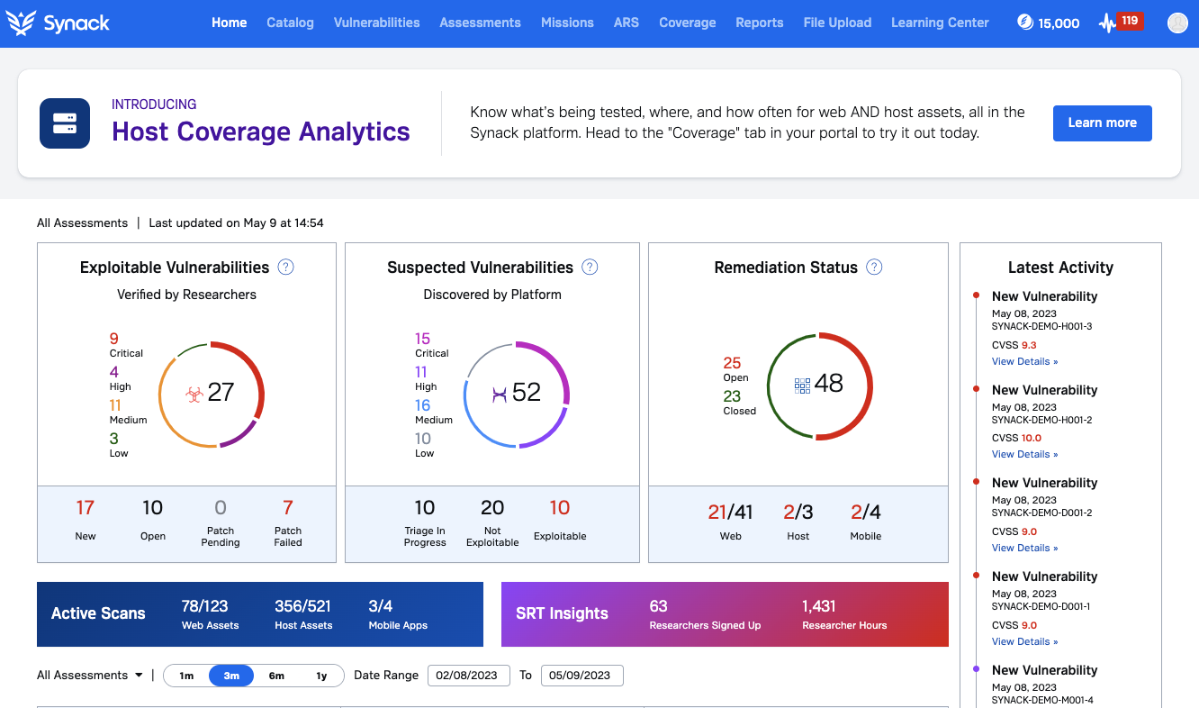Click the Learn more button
[x=1102, y=123]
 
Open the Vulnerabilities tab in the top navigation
[x=376, y=23]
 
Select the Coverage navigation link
[x=687, y=23]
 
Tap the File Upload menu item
[x=837, y=23]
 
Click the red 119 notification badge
[x=1130, y=21]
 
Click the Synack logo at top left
[x=58, y=23]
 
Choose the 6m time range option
[x=276, y=676]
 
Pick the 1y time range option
[x=321, y=676]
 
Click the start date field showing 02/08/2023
[x=468, y=676]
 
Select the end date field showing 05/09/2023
[x=581, y=676]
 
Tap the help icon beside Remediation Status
[x=874, y=268]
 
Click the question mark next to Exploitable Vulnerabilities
[x=286, y=267]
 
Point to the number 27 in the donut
[x=221, y=392]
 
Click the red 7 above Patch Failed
[x=288, y=508]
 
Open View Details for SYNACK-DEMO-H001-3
[x=1024, y=361]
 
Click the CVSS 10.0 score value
[x=1031, y=438]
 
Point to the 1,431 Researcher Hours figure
[x=819, y=606]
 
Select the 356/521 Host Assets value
[x=302, y=606]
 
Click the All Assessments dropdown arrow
[x=139, y=676]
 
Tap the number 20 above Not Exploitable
[x=492, y=508]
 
